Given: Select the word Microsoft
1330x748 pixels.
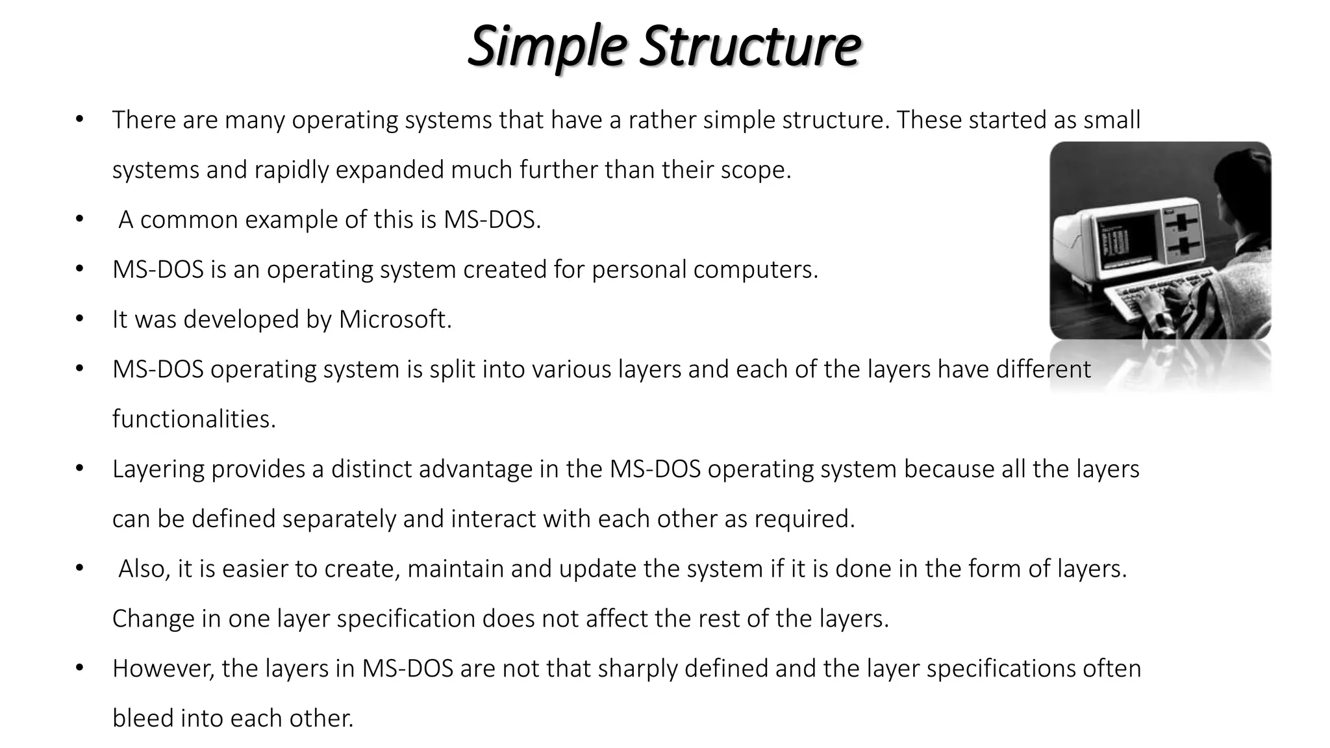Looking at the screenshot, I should pos(395,319).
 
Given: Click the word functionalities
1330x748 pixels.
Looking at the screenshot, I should pos(194,419).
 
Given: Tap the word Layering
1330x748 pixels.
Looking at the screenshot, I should pos(158,469).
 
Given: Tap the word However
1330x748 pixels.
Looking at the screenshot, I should pos(163,669).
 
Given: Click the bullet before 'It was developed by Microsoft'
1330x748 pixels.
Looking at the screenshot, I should pos(79,319).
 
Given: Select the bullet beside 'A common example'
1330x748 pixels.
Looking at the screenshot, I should pos(79,219).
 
